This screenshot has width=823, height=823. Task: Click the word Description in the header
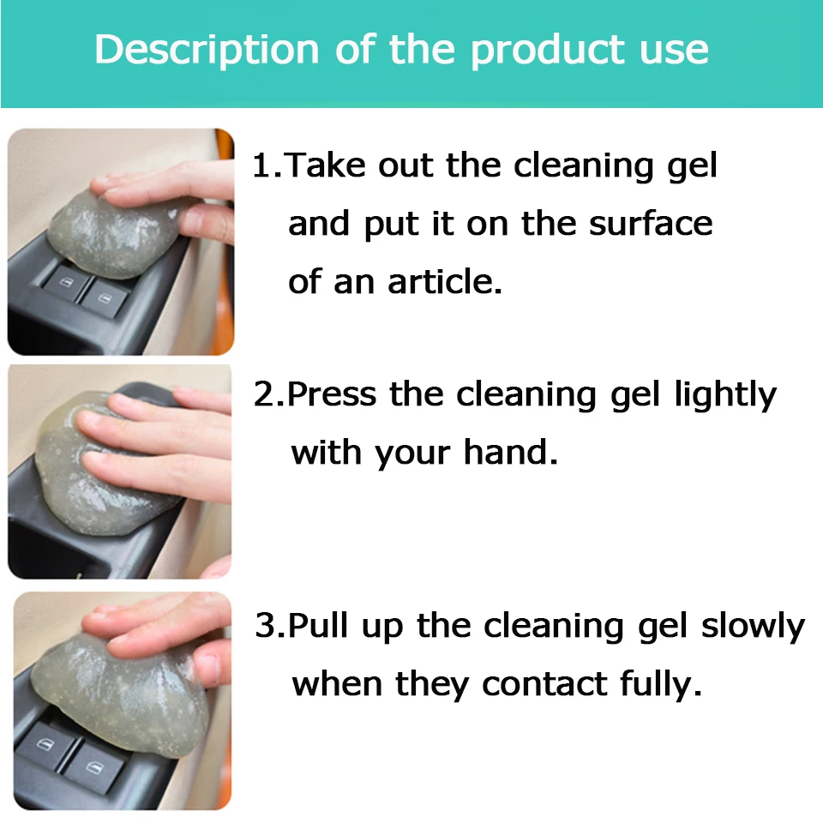point(207,51)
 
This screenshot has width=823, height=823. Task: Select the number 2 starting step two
point(264,393)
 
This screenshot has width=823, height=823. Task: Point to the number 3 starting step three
point(266,625)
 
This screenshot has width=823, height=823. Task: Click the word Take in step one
point(327,165)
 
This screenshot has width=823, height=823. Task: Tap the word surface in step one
point(651,224)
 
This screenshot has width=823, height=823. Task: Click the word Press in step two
point(332,393)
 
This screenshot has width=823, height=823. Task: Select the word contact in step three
point(544,684)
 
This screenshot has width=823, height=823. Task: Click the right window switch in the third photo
point(93,769)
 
